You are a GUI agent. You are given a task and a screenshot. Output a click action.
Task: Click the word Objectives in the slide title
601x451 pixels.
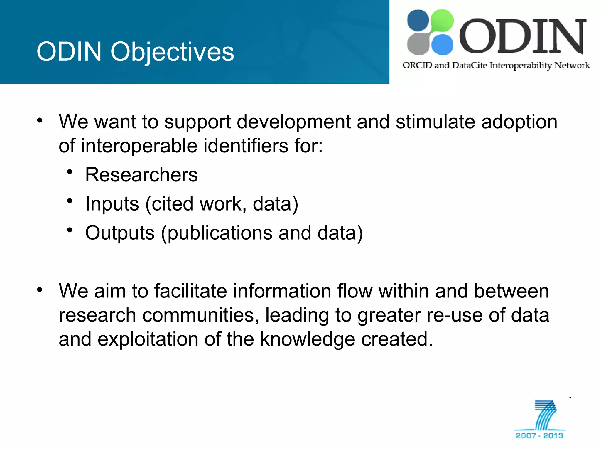(172, 52)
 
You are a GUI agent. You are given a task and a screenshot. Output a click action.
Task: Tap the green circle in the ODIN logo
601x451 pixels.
(442, 20)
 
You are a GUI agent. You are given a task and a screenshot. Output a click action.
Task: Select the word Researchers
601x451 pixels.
(141, 175)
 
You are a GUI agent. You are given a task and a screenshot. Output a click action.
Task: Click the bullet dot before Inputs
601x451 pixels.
(70, 201)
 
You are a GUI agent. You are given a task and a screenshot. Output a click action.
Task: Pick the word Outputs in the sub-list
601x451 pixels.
(120, 233)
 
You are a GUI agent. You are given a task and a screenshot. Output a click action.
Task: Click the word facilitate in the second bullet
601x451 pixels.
(191, 291)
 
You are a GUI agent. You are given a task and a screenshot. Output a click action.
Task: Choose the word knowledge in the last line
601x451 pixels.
(308, 339)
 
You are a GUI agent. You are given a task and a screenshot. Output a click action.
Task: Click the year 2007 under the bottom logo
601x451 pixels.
(526, 436)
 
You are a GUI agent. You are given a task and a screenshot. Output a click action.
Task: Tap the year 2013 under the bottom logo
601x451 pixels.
(553, 436)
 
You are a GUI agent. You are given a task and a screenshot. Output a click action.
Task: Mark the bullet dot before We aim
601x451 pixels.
(40, 290)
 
